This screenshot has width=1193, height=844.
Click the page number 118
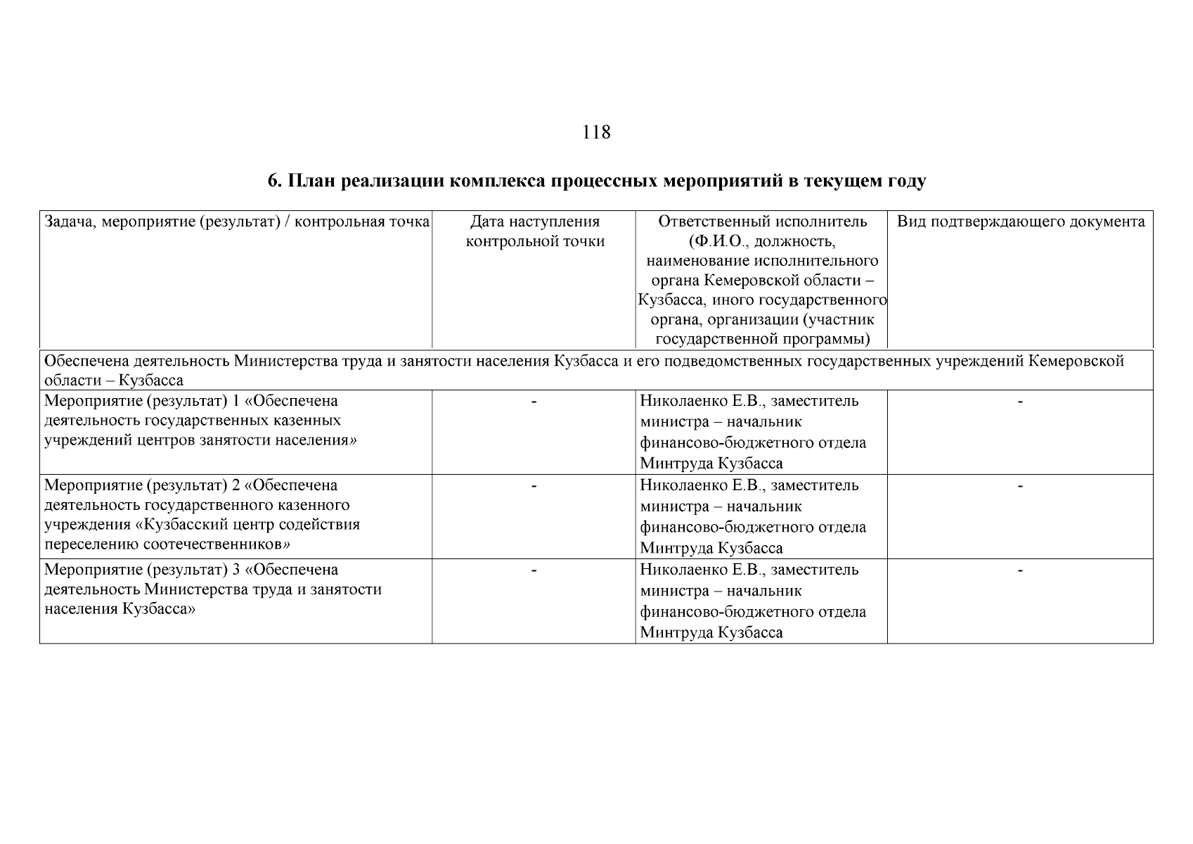click(596, 132)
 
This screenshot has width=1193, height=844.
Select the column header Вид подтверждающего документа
click(1021, 222)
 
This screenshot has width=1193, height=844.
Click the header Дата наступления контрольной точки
click(534, 232)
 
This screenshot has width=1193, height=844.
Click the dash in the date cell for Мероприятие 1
click(534, 402)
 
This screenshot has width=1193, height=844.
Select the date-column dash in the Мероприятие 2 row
click(534, 486)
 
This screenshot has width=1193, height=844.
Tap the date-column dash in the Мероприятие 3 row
click(534, 570)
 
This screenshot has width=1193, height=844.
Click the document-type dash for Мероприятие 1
click(1020, 402)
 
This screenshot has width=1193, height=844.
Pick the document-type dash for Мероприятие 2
click(1020, 486)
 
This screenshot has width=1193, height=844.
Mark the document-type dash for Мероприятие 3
click(1020, 570)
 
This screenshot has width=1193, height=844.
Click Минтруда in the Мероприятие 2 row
click(676, 549)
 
